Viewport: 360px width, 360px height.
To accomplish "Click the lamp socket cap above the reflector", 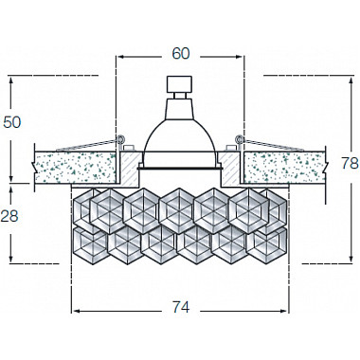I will (x=179, y=85).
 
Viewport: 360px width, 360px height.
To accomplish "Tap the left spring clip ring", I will (x=121, y=141).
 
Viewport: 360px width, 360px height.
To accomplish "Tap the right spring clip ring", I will (x=239, y=141).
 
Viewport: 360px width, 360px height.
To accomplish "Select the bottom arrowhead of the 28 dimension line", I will (x=11, y=261).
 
